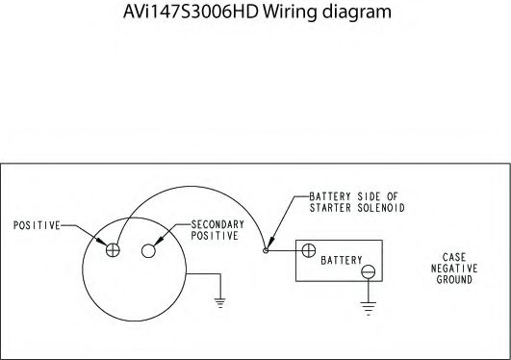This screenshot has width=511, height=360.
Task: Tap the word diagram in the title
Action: coord(363,13)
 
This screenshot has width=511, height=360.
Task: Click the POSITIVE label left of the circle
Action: coord(37,225)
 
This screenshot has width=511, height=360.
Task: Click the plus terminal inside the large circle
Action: coord(113,249)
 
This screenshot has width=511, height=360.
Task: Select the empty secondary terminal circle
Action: coord(148,250)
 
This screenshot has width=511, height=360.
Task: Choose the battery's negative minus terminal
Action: coord(367,273)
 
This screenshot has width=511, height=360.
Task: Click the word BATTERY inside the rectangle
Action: coord(341,262)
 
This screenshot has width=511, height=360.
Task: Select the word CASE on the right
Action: coord(454,257)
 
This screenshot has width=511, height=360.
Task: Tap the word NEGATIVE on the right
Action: coord(454,269)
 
